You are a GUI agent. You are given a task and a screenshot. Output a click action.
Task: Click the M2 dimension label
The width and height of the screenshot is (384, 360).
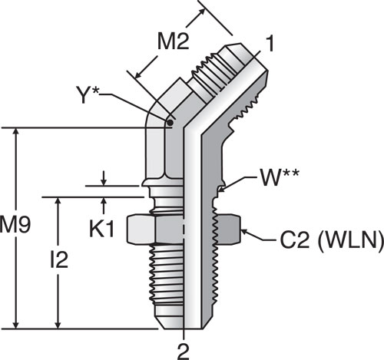coord(174,41)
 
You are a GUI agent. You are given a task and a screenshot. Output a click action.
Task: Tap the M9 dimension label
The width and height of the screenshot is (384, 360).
coord(15,225)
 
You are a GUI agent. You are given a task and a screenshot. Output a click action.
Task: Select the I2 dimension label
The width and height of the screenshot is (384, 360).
coord(59,259)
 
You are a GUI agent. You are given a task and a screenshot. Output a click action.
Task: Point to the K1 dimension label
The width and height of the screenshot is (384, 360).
coord(101,229)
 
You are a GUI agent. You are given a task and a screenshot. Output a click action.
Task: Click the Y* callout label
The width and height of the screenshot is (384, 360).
coord(88,94)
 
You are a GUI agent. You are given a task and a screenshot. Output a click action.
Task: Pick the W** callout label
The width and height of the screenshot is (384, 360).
coord(279,177)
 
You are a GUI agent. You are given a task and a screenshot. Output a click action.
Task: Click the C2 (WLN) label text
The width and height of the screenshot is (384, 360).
coord(332,240)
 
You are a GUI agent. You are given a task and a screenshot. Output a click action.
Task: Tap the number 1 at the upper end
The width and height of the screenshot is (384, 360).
coord(270,44)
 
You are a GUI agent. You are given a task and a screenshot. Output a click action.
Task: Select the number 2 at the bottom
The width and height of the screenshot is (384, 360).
coord(184,352)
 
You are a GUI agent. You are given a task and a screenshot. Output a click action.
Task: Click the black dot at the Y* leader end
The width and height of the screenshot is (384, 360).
coord(170,123)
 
